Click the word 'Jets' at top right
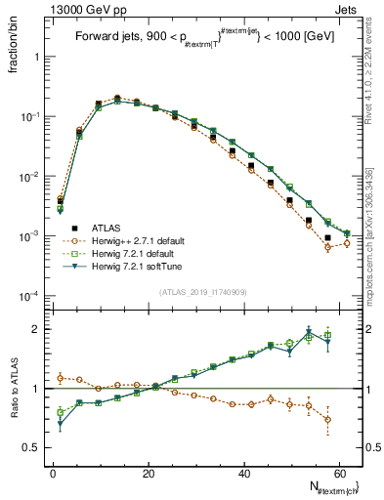(345, 8)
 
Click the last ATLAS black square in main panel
(328, 237)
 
